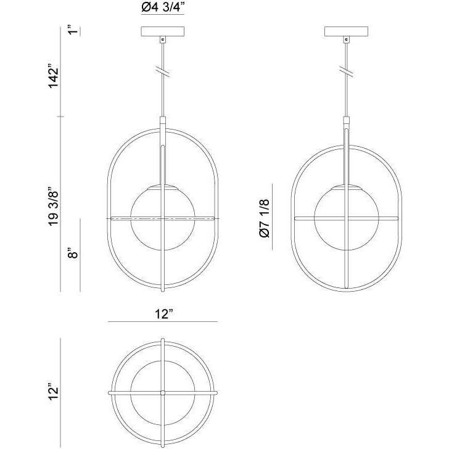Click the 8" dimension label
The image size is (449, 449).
[x=73, y=253]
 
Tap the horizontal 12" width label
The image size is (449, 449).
[x=162, y=314]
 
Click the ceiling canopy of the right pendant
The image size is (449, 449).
[x=346, y=31]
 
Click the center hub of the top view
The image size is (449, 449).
[x=162, y=392]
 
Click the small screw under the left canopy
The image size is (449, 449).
[x=163, y=41]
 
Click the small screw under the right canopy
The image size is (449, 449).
[x=347, y=41]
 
